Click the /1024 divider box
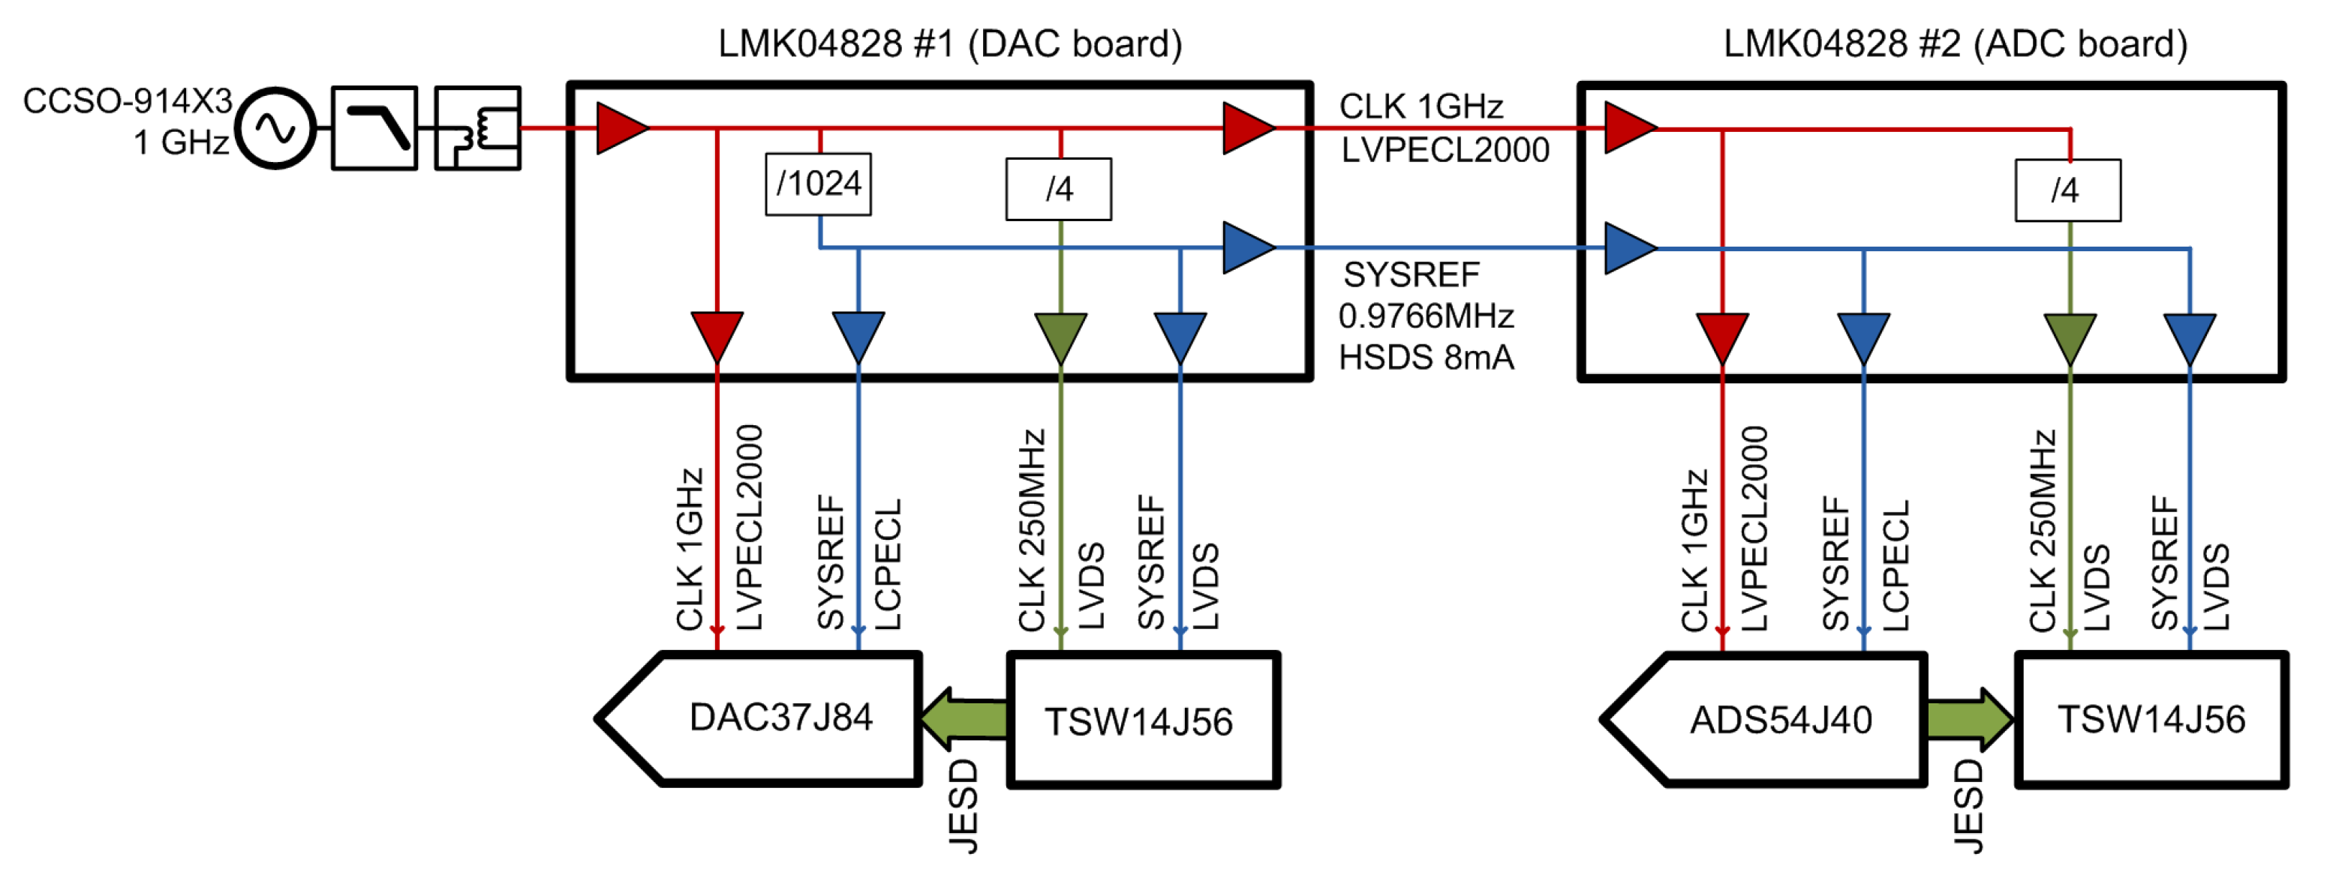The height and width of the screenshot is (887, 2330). [818, 184]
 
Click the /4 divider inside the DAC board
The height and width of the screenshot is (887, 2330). [1058, 189]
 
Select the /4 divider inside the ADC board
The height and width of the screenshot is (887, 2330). [2067, 190]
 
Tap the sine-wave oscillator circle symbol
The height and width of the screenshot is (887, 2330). [275, 128]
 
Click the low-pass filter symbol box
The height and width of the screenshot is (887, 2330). [374, 128]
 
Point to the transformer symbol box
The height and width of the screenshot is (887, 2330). [477, 128]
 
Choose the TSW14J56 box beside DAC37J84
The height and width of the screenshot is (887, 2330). [1142, 720]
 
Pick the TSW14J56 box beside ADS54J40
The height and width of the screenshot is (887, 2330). [2150, 720]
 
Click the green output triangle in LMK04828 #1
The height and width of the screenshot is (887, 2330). [1060, 337]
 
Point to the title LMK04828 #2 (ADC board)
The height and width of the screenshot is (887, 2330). [1954, 43]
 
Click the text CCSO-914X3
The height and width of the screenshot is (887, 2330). [128, 100]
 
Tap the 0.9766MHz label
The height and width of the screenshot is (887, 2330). [1426, 316]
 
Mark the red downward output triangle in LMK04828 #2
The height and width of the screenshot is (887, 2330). [1721, 337]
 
